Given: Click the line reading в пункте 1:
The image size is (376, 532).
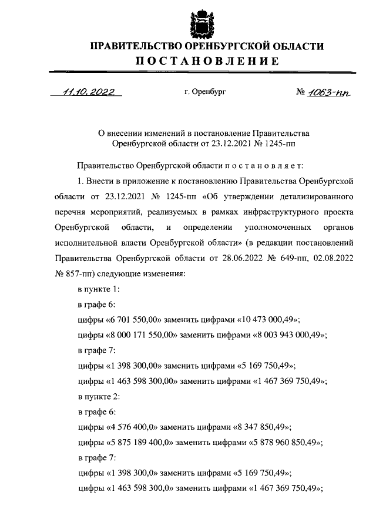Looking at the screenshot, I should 99,289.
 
